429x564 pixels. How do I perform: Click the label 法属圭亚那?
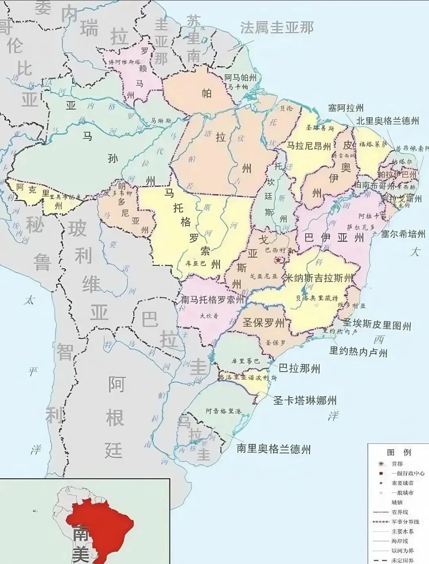[277, 27]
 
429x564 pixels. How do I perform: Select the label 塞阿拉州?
[346, 108]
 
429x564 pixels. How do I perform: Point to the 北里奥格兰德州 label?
[387, 121]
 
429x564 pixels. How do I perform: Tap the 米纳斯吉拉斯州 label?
[318, 278]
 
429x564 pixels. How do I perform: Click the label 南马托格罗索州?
[212, 300]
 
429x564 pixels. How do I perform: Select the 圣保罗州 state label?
[264, 323]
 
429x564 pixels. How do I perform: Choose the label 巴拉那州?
[299, 368]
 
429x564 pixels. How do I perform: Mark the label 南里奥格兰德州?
[274, 449]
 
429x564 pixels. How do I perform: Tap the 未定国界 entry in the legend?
[402, 560]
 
